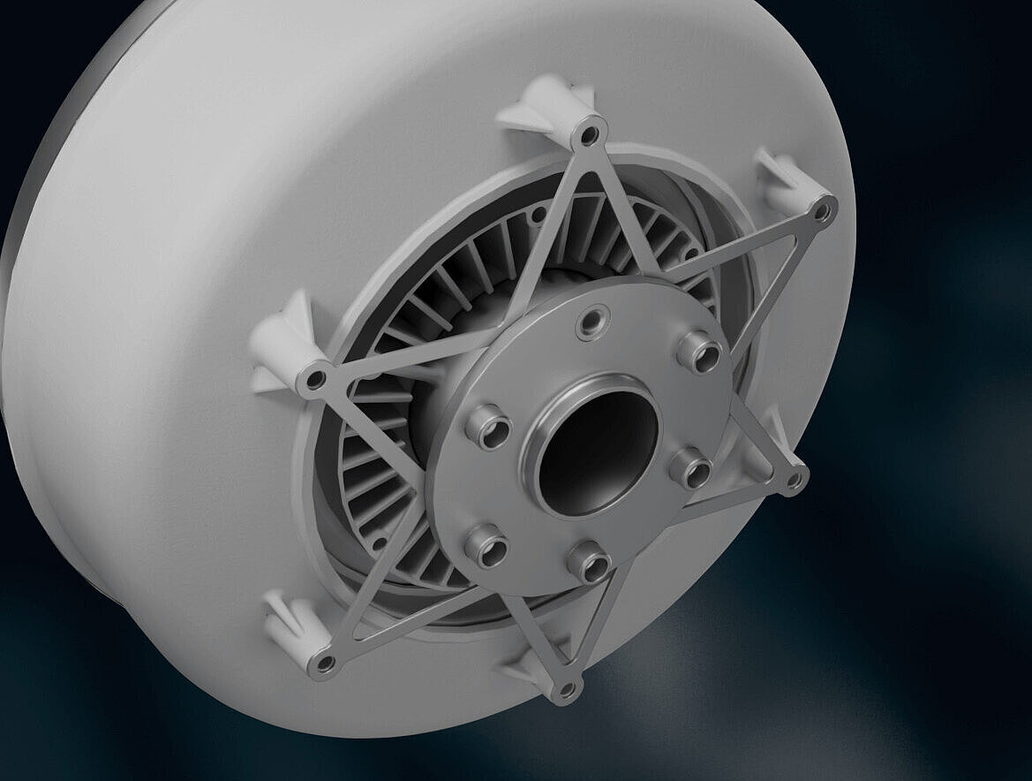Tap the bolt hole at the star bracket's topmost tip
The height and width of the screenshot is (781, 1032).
pos(589,135)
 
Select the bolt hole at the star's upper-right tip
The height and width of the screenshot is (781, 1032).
pos(822,211)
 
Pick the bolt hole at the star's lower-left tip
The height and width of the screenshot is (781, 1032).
pos(324,663)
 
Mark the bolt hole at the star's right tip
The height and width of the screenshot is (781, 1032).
pos(794,481)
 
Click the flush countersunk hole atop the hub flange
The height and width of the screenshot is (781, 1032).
pos(592,321)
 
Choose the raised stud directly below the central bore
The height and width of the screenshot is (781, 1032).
pos(589,561)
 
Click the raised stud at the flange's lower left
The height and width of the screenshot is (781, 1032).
pos(486,547)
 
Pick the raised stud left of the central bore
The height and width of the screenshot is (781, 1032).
pos(488,428)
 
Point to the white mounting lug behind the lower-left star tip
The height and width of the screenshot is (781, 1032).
pos(296,624)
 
